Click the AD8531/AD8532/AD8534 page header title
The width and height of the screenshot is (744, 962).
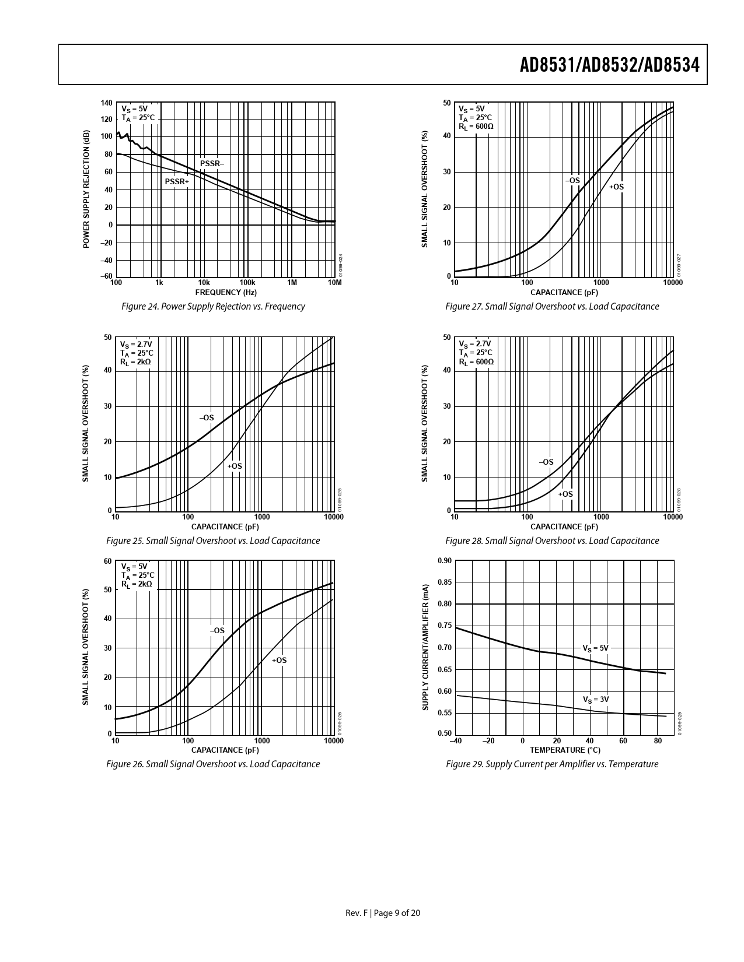(x=609, y=66)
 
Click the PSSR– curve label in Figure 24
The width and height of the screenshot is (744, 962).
(x=212, y=164)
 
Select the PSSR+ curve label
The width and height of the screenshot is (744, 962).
(x=177, y=182)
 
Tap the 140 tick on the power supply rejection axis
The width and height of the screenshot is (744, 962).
(x=106, y=103)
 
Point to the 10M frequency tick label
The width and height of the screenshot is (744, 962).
(x=334, y=283)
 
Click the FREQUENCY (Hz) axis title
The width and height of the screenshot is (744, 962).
(x=226, y=292)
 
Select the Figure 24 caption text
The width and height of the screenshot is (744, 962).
(x=212, y=307)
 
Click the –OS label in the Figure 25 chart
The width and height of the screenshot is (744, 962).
(x=207, y=418)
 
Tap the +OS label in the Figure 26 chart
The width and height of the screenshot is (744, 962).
(x=279, y=661)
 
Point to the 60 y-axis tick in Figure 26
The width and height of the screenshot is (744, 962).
(x=107, y=561)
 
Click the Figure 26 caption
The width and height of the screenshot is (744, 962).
(x=213, y=764)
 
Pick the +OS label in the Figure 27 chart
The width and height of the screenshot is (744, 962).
(x=616, y=187)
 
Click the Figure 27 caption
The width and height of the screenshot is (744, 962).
(x=552, y=307)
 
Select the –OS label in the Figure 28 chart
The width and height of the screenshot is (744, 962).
(x=546, y=462)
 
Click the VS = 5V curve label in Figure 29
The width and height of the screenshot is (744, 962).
(x=595, y=648)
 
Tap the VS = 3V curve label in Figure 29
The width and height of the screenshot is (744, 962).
(x=595, y=699)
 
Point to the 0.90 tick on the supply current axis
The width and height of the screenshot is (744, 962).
(x=444, y=561)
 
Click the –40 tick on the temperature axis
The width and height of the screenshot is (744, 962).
(x=455, y=741)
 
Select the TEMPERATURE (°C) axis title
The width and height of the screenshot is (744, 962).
(x=564, y=750)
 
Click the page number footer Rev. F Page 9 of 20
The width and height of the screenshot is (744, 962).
(x=383, y=913)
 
